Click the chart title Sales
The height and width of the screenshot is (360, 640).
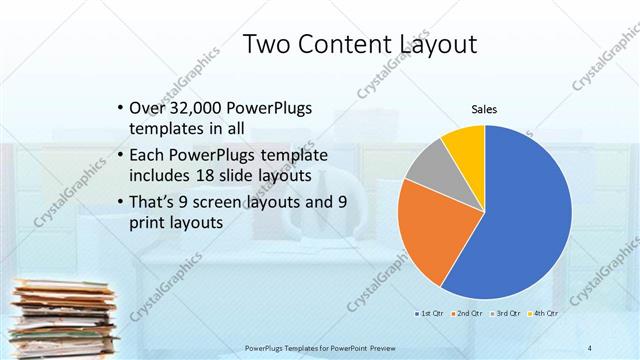tap(484, 109)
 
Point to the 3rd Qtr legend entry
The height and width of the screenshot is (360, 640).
tap(507, 313)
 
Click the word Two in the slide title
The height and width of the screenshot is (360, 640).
tap(270, 44)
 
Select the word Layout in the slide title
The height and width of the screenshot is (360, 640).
tap(433, 45)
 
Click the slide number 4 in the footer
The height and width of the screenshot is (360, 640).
tap(590, 347)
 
